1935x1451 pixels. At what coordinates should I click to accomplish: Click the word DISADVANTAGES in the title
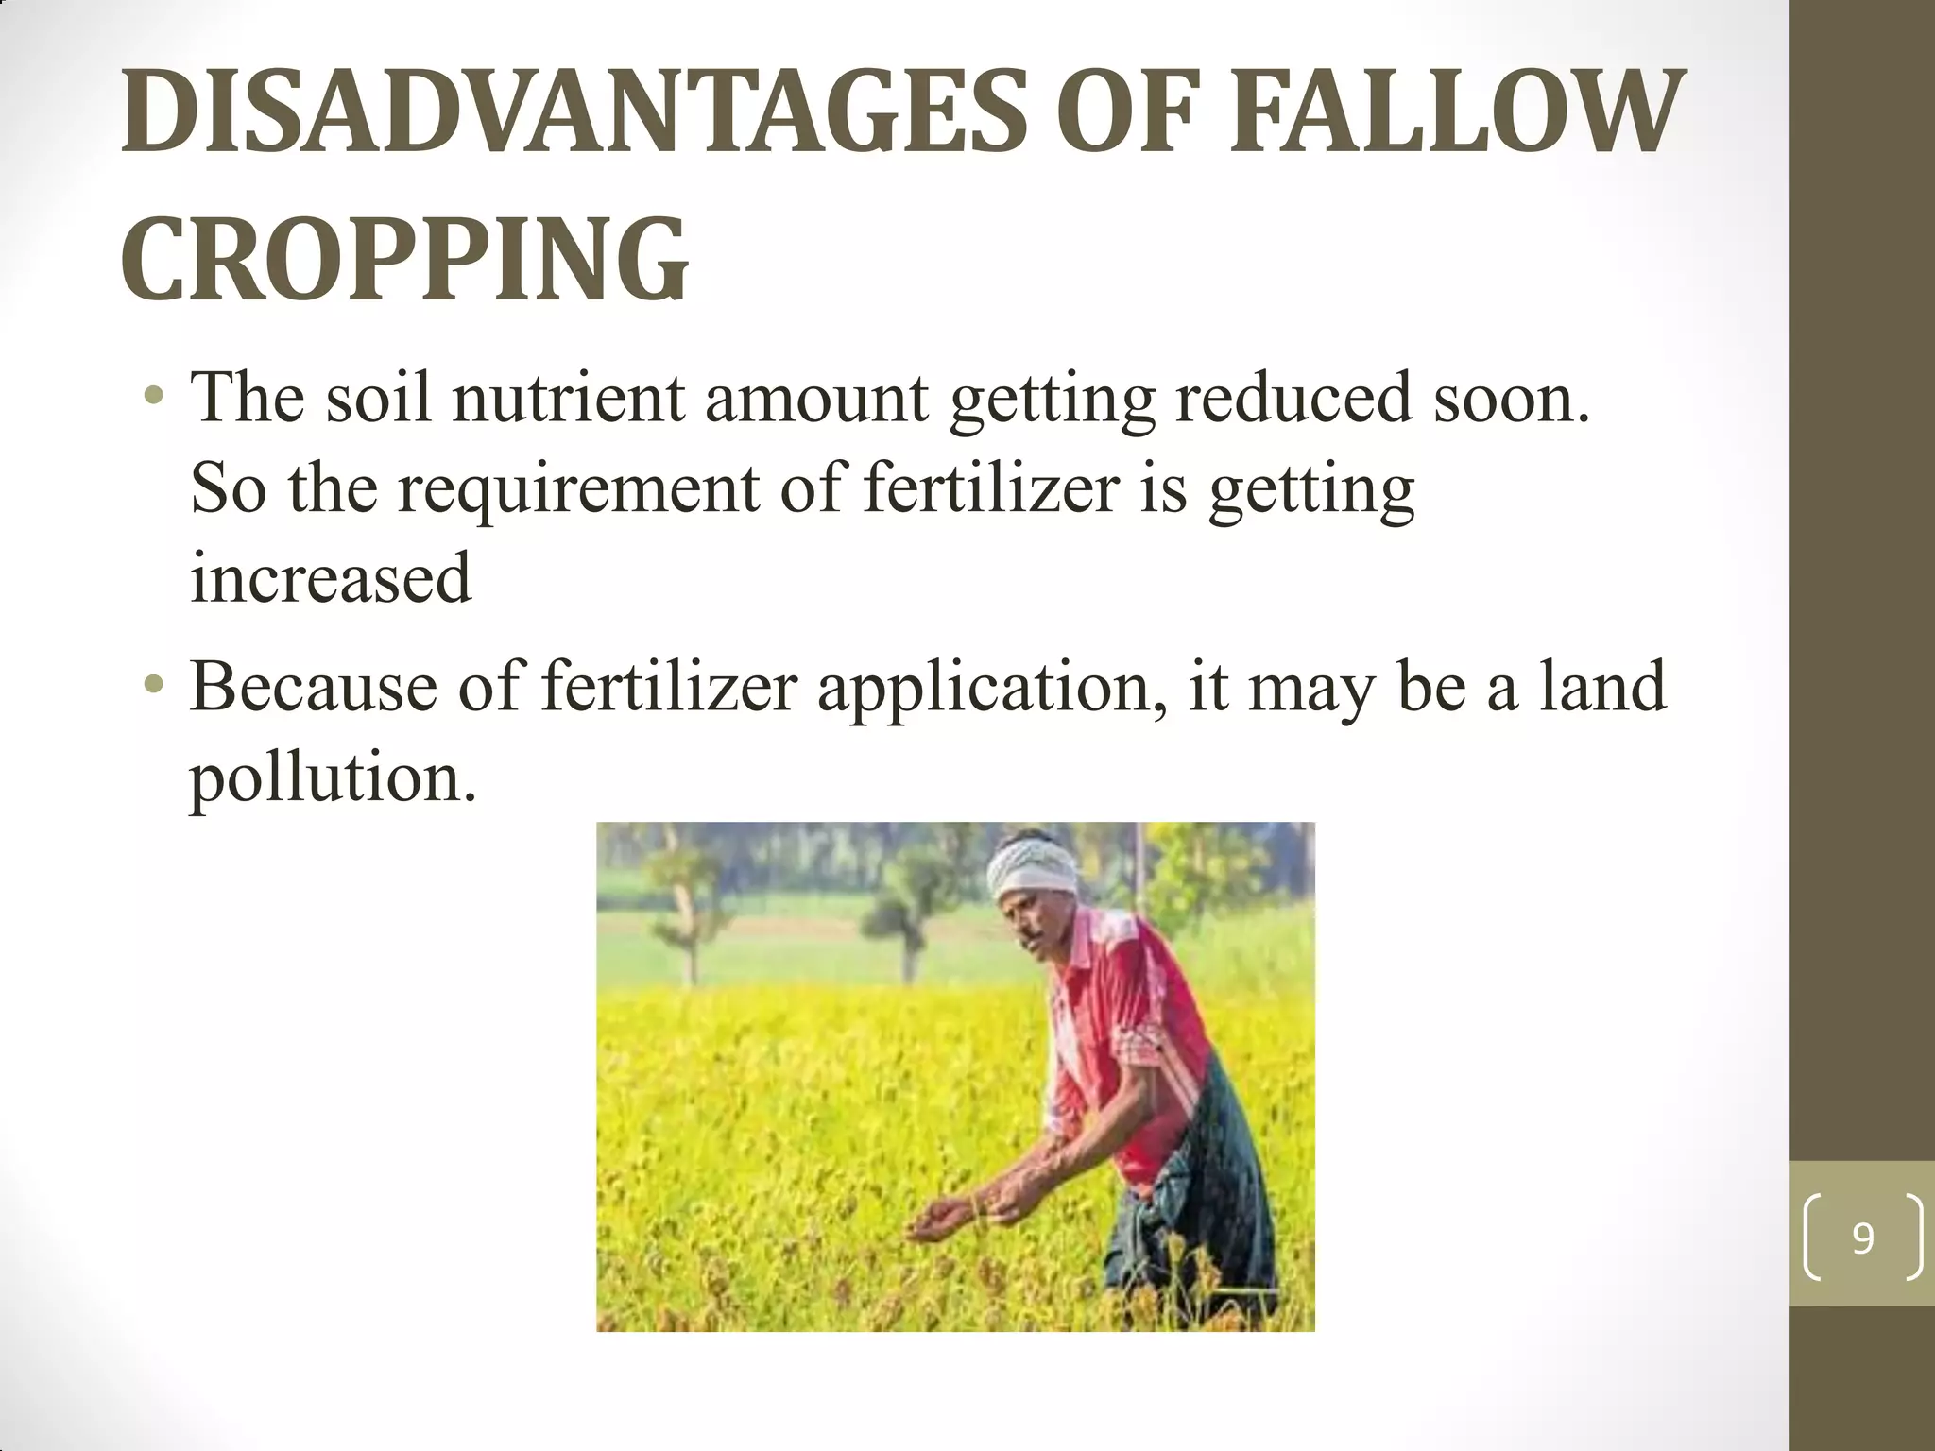click(573, 111)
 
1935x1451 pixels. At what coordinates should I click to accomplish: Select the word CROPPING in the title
click(404, 257)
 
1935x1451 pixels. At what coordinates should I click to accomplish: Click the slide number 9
click(1862, 1238)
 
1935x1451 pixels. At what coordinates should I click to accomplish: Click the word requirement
click(578, 489)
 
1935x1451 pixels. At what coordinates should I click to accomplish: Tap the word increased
click(330, 578)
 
